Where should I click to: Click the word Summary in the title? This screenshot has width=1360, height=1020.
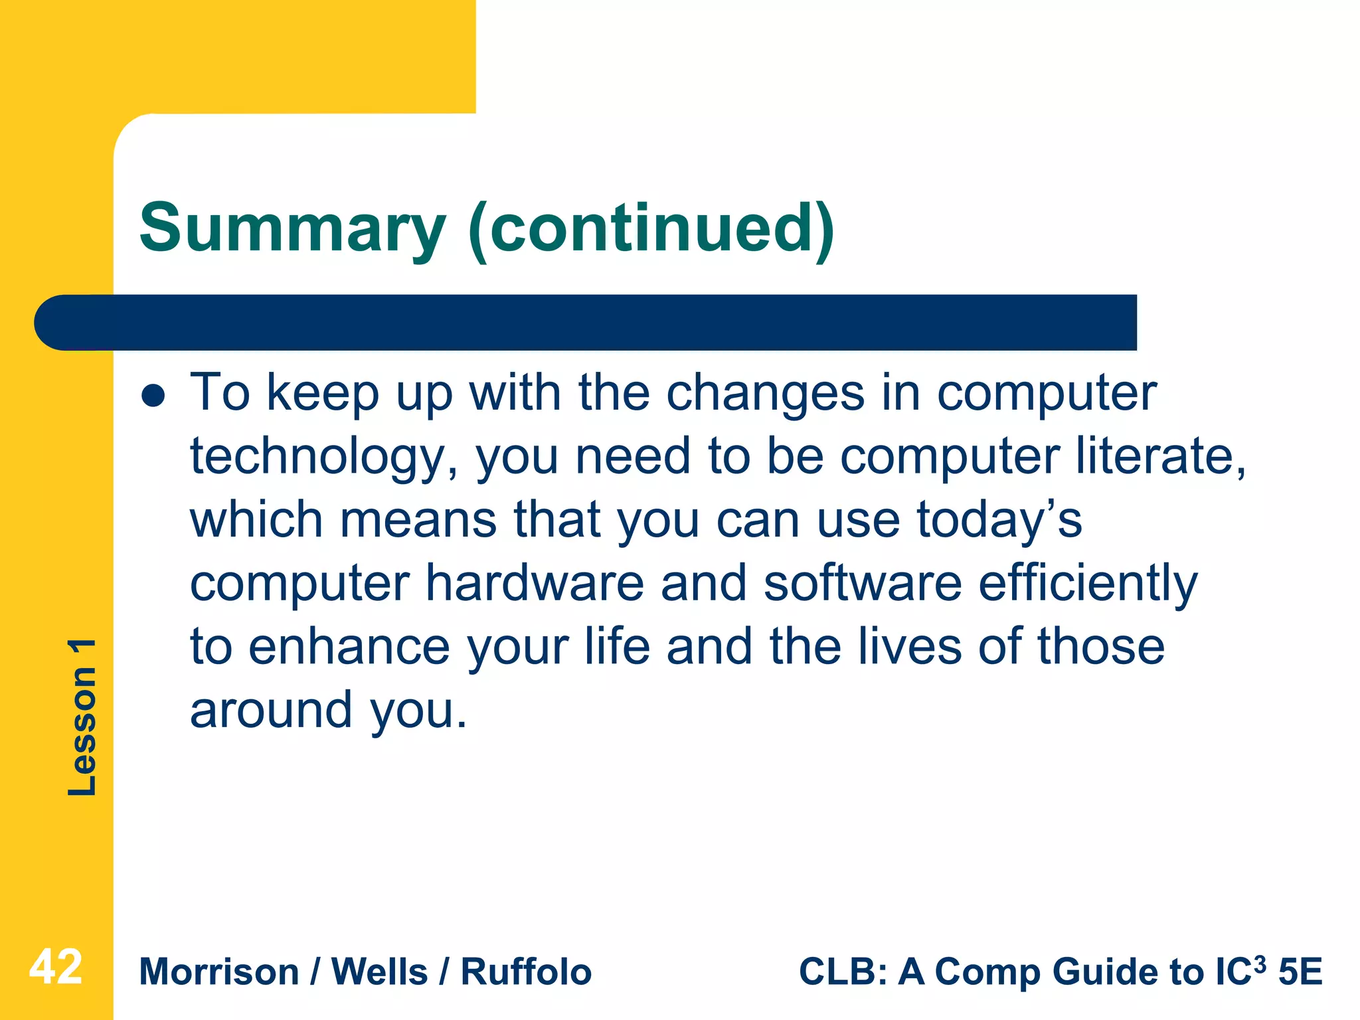[292, 229]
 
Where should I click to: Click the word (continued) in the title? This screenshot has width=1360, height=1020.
[651, 229]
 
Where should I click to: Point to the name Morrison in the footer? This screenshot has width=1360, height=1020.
[219, 972]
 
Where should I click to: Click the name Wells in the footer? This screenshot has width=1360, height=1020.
[379, 972]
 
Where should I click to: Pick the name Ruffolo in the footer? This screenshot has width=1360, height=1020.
[526, 972]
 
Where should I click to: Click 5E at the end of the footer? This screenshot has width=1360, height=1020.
[1300, 972]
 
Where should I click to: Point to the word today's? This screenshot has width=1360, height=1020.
[999, 520]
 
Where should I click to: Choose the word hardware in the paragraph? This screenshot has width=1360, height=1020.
[535, 583]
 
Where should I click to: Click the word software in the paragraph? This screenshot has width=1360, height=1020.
[862, 583]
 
